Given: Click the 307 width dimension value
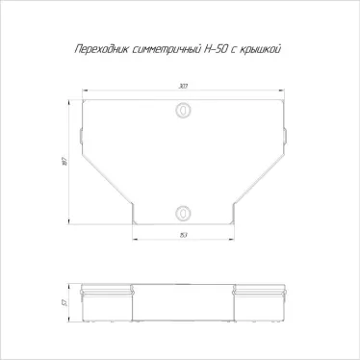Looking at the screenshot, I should pyautogui.click(x=182, y=87).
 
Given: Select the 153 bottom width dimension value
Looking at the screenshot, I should pyautogui.click(x=182, y=236).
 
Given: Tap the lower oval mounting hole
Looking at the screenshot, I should pyautogui.click(x=182, y=211).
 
